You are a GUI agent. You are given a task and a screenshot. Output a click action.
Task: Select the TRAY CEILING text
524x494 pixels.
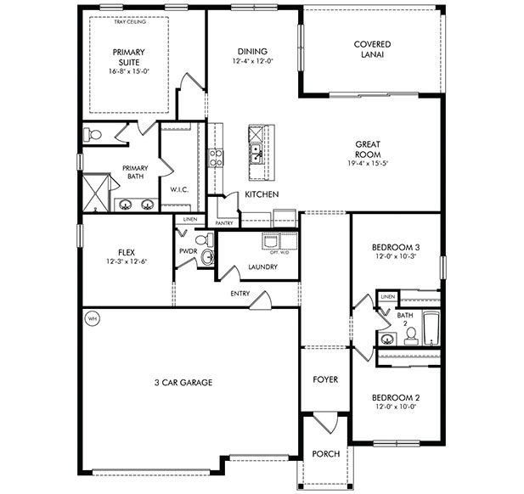pyautogui.click(x=130, y=22)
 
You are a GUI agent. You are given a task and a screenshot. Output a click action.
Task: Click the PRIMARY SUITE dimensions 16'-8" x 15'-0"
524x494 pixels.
pyautogui.click(x=128, y=71)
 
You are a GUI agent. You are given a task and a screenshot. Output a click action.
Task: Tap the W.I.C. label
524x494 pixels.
pyautogui.click(x=178, y=189)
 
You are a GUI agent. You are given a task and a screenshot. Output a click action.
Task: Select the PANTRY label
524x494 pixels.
pyautogui.click(x=224, y=223)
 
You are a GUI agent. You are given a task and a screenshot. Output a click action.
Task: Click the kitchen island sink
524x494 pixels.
pyautogui.click(x=255, y=153)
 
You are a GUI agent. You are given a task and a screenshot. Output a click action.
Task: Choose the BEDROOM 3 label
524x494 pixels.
pyautogui.click(x=396, y=247)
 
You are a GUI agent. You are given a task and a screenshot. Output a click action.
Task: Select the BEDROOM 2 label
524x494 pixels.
pyautogui.click(x=396, y=397)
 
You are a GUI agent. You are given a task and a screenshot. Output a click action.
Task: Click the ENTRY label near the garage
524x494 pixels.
pyautogui.click(x=239, y=295)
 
